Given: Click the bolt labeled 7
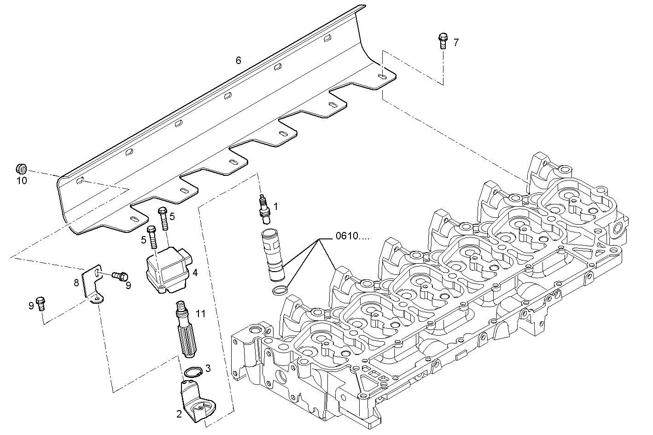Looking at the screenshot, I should click(443, 41).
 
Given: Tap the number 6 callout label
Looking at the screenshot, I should click(238, 60).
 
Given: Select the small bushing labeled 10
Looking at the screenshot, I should click(21, 167).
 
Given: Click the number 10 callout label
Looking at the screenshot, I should click(22, 180).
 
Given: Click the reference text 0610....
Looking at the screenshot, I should click(352, 237).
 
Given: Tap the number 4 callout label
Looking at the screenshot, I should click(195, 273).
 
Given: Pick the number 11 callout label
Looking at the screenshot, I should click(200, 313).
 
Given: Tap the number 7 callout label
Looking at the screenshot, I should click(456, 43).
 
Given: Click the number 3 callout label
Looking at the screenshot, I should click(208, 368).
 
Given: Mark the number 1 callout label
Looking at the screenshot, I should click(276, 206).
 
